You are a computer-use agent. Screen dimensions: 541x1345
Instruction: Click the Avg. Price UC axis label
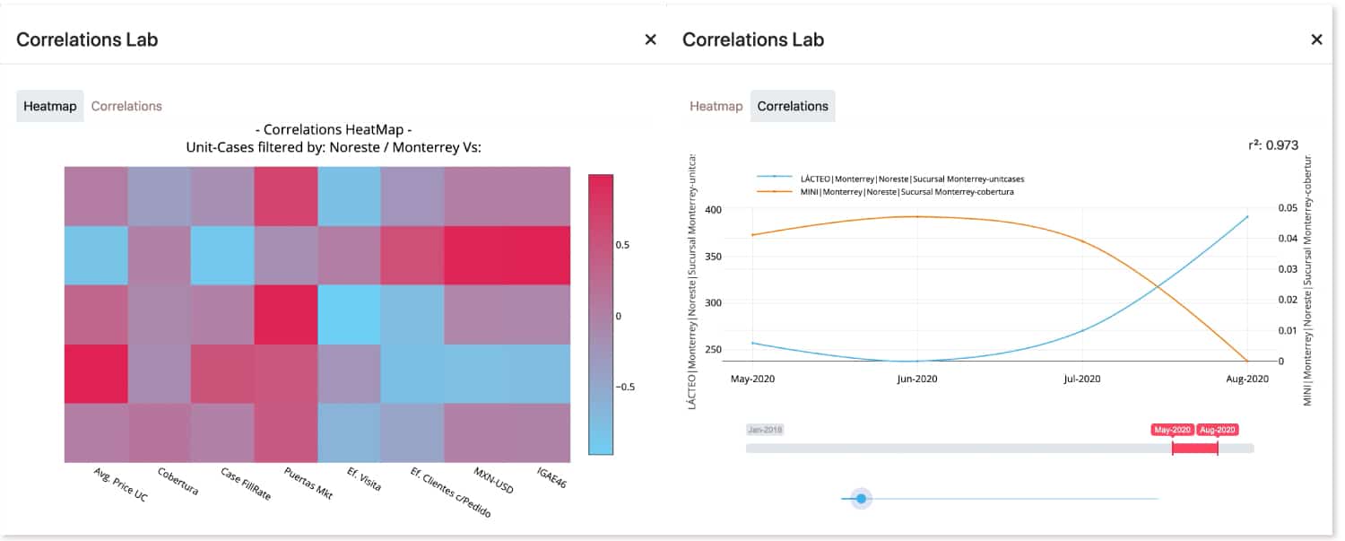tap(120, 484)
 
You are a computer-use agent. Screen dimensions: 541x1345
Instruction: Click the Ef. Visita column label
tap(364, 478)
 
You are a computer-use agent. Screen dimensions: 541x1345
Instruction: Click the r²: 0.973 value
tap(1272, 145)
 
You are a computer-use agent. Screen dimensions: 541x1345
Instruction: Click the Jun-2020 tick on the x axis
tap(916, 380)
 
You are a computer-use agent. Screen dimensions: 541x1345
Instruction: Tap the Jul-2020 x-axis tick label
tap(1081, 380)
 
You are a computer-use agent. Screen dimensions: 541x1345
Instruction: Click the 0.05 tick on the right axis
tap(1287, 208)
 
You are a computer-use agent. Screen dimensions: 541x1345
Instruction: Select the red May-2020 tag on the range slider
tap(1173, 430)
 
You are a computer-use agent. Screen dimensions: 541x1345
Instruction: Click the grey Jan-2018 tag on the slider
tap(765, 430)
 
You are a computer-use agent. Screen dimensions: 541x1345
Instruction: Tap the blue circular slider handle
tap(861, 498)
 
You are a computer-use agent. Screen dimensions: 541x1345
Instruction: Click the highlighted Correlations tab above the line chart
tap(792, 106)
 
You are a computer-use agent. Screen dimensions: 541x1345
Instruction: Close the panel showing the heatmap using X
tap(650, 39)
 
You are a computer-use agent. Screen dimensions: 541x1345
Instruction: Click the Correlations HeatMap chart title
tap(333, 129)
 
